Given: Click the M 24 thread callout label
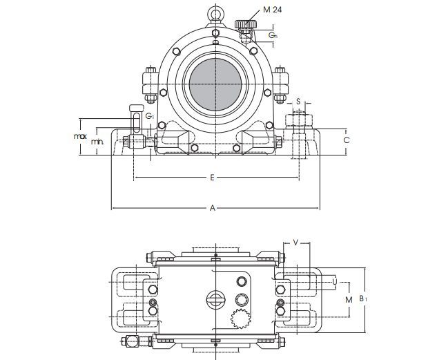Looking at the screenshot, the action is (272, 10).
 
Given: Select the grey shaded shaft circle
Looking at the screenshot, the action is (215, 84).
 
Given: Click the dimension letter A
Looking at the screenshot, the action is (213, 208).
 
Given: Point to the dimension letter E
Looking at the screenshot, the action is (212, 178).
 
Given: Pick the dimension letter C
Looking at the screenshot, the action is (347, 140).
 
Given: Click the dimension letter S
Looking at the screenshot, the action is (298, 101).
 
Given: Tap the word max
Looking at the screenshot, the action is (80, 136).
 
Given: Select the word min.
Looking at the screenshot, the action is (97, 142).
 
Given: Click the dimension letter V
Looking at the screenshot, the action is (296, 243).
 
